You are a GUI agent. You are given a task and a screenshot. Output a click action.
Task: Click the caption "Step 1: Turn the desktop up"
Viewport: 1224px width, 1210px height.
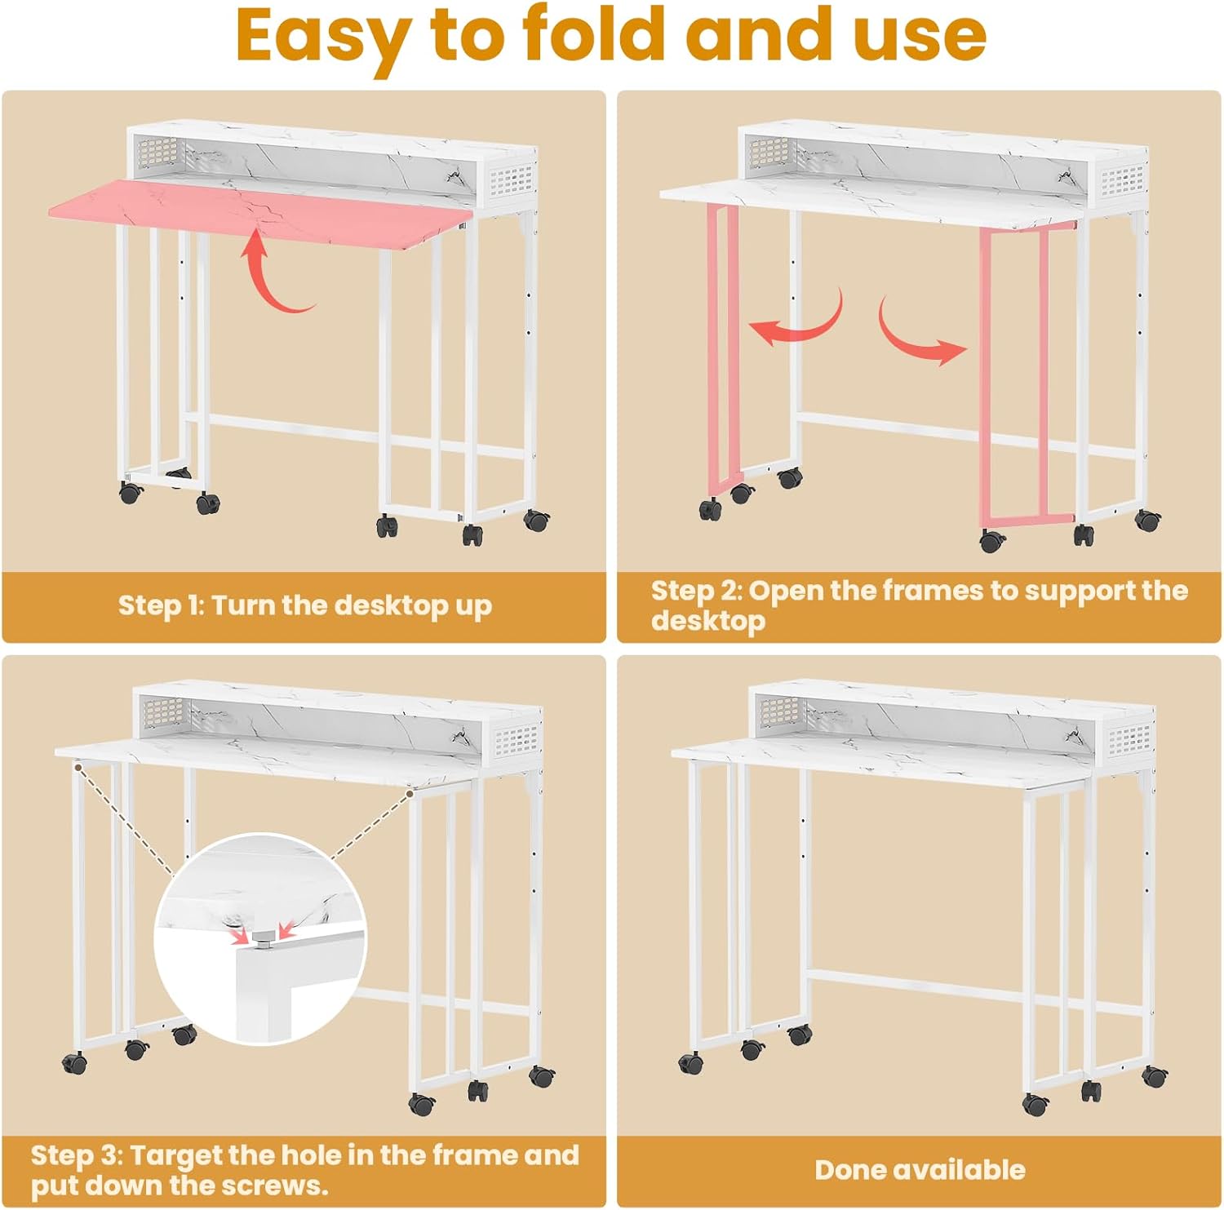(x=304, y=605)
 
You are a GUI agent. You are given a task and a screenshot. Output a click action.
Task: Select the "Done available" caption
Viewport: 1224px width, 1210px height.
(x=920, y=1170)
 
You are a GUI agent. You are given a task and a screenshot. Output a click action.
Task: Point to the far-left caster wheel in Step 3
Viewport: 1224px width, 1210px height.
(x=75, y=1062)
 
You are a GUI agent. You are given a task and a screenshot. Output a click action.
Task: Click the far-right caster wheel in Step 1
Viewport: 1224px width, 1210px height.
(x=537, y=520)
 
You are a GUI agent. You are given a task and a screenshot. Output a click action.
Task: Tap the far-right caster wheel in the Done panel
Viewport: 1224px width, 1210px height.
(x=1154, y=1076)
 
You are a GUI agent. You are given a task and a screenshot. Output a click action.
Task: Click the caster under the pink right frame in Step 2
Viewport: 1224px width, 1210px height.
(x=992, y=540)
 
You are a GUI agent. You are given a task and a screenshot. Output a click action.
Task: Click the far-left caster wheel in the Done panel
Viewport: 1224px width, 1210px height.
(x=691, y=1062)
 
